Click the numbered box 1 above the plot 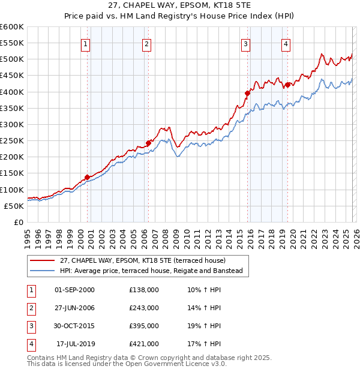(x=86, y=43)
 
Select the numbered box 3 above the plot (x=246, y=43)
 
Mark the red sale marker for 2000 (x=87, y=177)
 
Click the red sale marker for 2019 (x=287, y=85)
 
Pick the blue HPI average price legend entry (x=151, y=271)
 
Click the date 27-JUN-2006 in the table (x=74, y=308)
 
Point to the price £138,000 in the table (x=144, y=290)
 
